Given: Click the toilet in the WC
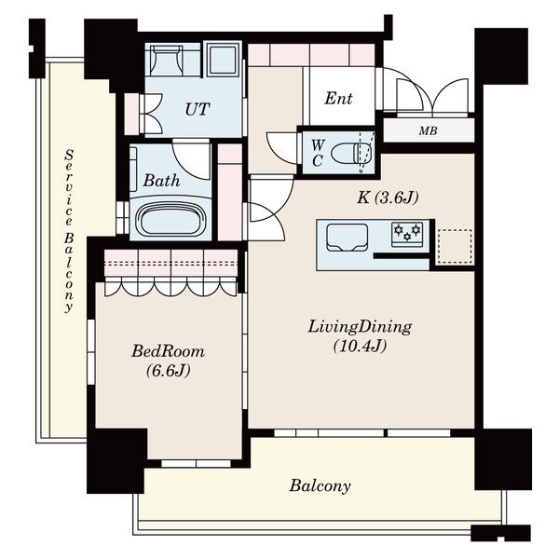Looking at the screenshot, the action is [351, 154].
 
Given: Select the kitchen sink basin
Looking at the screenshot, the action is [348, 237].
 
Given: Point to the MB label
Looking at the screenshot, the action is [428, 131].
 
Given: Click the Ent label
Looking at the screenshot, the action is [338, 99].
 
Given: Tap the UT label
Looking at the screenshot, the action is [197, 109].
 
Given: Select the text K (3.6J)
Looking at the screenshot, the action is [388, 198].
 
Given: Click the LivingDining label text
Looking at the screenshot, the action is [360, 327].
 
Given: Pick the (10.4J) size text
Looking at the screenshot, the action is [360, 346].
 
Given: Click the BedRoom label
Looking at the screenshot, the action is [168, 351].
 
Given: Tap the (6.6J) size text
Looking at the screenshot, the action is [168, 371].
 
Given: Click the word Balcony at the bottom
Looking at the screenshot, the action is [320, 485].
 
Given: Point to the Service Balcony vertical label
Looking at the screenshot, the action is [68, 231].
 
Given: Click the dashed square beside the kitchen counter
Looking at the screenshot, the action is [455, 247].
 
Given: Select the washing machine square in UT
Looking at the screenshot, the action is [224, 60].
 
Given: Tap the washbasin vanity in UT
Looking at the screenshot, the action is [167, 60].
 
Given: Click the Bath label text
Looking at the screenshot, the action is [161, 181].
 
